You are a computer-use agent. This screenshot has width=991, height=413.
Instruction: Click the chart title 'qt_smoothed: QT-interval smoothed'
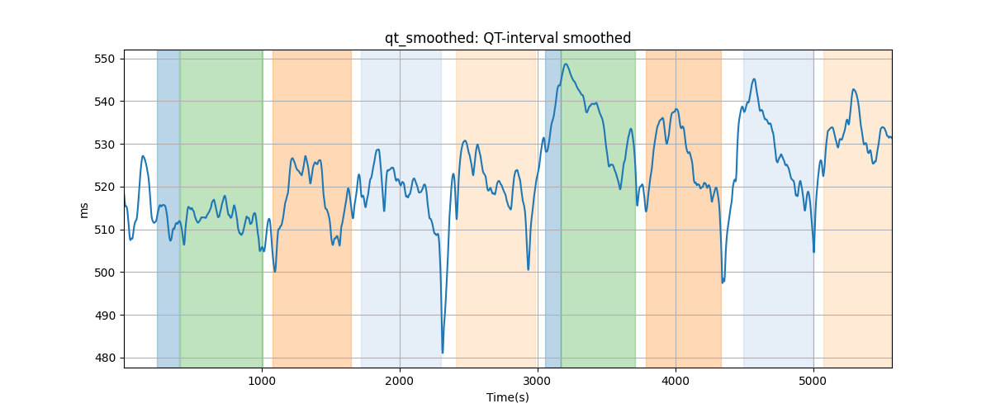(x=508, y=38)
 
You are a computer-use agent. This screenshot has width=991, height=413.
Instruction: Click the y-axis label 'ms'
(x=83, y=211)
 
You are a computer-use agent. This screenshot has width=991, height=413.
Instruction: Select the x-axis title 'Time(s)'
(x=508, y=397)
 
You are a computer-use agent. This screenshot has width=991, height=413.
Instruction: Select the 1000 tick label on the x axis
(x=262, y=381)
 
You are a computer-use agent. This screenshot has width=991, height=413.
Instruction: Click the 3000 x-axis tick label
(x=538, y=381)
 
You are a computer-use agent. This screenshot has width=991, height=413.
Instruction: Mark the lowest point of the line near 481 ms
(x=443, y=353)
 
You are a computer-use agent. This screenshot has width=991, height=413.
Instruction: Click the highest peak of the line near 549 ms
(x=566, y=64)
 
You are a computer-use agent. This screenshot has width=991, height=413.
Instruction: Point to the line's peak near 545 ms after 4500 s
(x=754, y=79)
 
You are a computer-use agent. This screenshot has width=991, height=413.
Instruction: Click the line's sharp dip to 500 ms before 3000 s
(x=529, y=269)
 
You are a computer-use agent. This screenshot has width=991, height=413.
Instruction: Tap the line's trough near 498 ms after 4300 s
(x=723, y=282)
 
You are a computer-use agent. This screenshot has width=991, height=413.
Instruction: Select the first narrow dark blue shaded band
(x=168, y=208)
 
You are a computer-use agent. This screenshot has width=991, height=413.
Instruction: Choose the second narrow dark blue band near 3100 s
(x=553, y=208)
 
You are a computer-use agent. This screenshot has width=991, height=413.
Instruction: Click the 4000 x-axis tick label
(x=676, y=381)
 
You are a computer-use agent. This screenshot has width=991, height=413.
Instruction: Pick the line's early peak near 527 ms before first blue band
(x=142, y=156)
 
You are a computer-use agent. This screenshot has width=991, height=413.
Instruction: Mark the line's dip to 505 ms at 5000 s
(x=813, y=252)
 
